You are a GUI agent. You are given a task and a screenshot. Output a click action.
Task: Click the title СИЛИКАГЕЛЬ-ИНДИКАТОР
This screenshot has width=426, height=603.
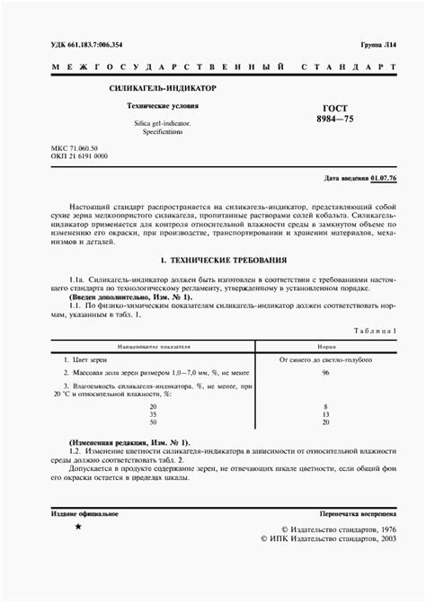point(162,90)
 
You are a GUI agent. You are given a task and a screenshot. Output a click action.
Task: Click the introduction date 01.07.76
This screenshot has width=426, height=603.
point(383,179)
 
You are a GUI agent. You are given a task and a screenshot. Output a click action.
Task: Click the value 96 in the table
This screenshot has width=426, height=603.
point(325,372)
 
